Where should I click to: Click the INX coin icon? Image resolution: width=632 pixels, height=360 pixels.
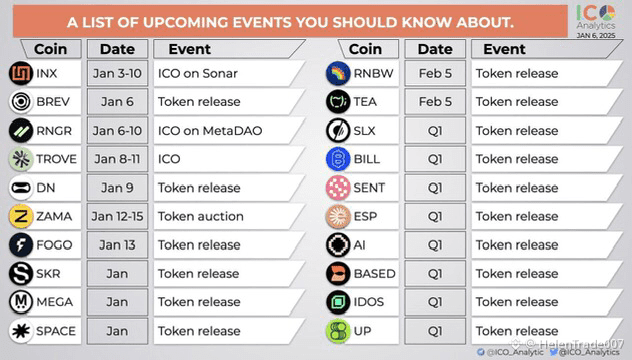point(21,73)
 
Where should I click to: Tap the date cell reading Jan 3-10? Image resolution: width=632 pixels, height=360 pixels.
point(117,73)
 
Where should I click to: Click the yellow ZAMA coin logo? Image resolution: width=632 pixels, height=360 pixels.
point(21,216)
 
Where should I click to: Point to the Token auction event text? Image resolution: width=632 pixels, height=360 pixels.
point(201,216)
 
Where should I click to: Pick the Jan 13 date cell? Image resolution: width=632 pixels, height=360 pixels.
point(117,245)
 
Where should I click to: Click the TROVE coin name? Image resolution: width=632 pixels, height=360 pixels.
point(56,159)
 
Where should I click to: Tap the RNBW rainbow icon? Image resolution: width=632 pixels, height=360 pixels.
point(338,73)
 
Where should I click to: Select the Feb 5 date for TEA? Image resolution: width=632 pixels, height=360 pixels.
point(435,102)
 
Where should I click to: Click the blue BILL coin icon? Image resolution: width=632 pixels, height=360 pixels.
point(338,159)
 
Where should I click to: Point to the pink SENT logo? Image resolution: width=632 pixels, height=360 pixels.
point(338,188)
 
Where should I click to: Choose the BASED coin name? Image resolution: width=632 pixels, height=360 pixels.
point(374,274)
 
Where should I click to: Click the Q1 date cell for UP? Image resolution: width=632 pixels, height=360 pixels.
point(435,331)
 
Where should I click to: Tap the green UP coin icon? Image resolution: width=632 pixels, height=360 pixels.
point(338,331)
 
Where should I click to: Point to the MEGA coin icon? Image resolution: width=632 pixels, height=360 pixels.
point(21,302)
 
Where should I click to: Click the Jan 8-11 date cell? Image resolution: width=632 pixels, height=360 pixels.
point(117,159)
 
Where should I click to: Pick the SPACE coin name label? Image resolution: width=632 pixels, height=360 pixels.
point(56,331)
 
